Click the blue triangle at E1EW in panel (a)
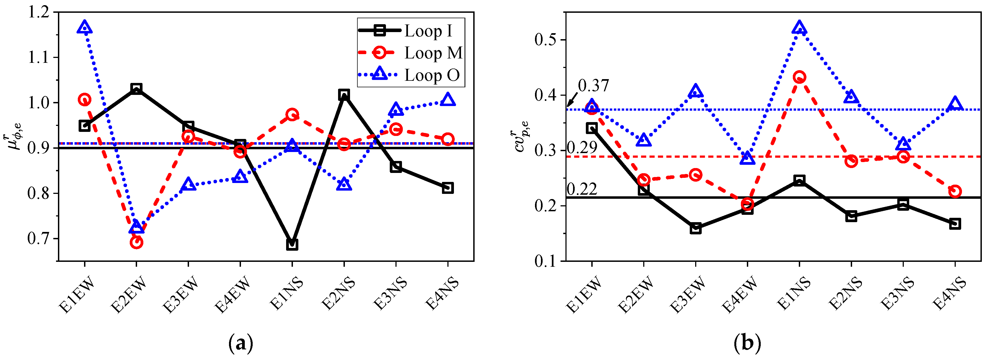point(85,28)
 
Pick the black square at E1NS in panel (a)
point(292,244)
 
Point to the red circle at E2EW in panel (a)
point(137,242)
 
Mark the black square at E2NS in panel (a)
point(344,95)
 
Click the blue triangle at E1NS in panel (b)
point(799,28)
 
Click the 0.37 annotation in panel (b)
point(593,86)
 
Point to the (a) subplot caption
point(241,343)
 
